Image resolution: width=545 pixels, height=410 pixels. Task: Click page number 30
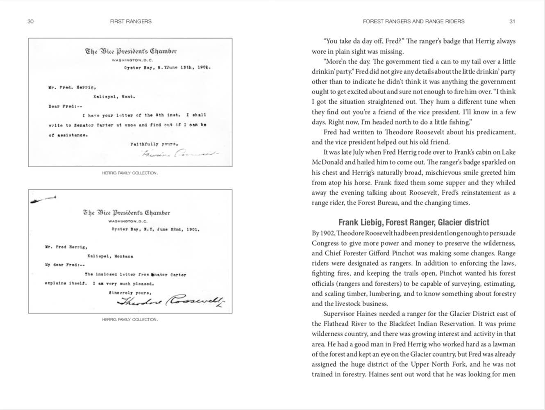tap(30, 21)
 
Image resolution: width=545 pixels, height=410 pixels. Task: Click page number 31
tap(512, 21)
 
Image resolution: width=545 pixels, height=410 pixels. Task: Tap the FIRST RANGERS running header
tap(131, 21)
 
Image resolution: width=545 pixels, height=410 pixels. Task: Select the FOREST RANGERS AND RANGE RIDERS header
tap(413, 21)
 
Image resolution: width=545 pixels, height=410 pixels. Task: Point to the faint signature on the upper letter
tap(179, 154)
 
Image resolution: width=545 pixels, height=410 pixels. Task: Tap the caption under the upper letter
tap(130, 173)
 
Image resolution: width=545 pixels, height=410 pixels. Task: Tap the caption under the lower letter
tap(130, 319)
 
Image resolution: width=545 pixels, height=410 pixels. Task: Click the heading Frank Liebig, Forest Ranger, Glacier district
tap(413, 222)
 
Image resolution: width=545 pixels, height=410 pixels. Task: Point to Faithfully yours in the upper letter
tap(154, 144)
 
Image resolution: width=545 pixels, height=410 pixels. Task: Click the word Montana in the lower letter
tap(123, 256)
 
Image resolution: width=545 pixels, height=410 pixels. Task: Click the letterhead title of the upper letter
tap(131, 51)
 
